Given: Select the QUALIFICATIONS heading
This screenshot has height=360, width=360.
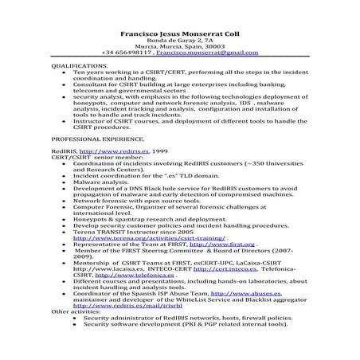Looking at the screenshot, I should click(x=77, y=65).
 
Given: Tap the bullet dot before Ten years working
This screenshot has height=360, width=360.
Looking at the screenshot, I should click(x=63, y=70).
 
